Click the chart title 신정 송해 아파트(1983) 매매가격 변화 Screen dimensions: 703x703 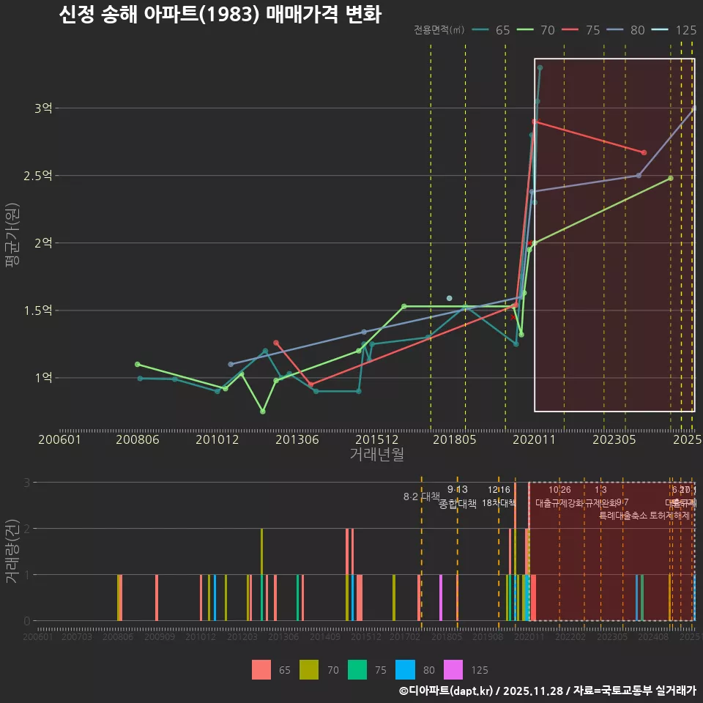tap(220, 15)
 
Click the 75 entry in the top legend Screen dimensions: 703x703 tap(582, 30)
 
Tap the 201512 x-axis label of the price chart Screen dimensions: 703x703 tap(376, 439)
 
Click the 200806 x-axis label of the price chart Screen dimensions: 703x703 tap(138, 439)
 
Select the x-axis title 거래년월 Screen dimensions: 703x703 tap(376, 454)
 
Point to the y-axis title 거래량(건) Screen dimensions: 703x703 tap(12, 551)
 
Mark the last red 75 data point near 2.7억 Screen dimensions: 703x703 tap(644, 152)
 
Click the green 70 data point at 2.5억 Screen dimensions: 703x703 tap(670, 178)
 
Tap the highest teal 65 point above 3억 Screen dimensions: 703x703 tap(540, 67)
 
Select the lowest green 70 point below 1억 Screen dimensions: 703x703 tap(263, 412)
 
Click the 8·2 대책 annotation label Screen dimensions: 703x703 tap(421, 496)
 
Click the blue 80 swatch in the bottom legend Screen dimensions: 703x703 tap(405, 669)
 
